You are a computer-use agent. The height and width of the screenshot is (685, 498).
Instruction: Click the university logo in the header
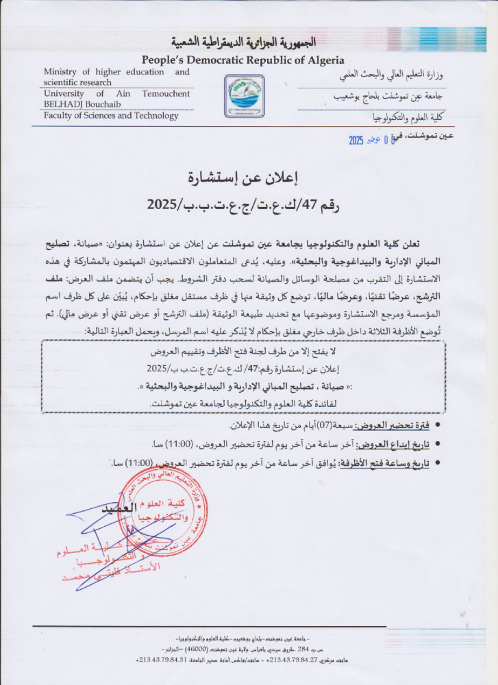tap(245, 96)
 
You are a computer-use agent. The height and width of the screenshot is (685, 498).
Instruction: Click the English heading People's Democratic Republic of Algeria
tap(243, 60)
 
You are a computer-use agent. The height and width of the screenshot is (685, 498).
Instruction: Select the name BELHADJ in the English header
tap(64, 103)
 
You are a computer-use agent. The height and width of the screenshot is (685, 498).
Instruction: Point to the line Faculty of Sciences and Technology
tap(111, 116)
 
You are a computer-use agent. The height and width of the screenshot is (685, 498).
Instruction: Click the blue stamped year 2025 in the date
tap(356, 140)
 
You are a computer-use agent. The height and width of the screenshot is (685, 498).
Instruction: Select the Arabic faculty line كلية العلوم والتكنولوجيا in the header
tap(408, 118)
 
